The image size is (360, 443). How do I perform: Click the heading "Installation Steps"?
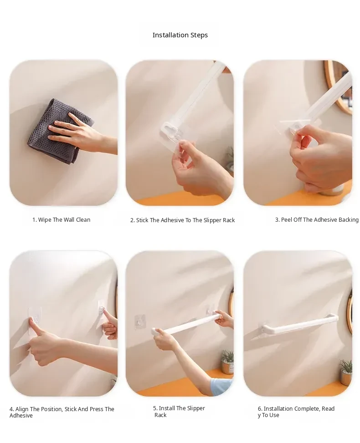(180, 35)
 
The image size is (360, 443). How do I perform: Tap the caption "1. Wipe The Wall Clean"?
(62, 219)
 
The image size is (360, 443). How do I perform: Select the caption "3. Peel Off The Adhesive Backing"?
(317, 219)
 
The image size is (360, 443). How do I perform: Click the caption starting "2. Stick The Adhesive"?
(182, 220)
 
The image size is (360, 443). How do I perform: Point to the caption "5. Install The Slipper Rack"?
(179, 412)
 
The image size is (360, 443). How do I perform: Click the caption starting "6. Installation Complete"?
(296, 412)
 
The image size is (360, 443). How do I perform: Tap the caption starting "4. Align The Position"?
(62, 412)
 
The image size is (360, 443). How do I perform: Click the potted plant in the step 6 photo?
(346, 372)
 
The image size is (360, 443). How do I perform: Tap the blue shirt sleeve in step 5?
(221, 386)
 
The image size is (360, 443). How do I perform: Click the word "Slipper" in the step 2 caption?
(213, 220)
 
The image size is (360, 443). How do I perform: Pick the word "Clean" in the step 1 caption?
(83, 219)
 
